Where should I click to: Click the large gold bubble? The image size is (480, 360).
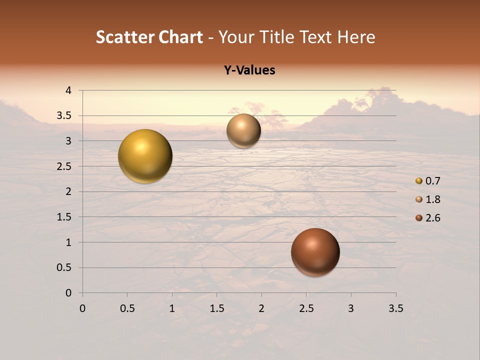point(145,156)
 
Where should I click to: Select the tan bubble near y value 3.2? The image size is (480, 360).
point(243,130)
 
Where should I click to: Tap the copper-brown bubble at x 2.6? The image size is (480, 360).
point(315,252)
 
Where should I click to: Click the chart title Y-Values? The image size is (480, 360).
point(249,70)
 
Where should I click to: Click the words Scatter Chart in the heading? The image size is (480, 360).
point(149,37)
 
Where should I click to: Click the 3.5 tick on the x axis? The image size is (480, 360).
point(395,308)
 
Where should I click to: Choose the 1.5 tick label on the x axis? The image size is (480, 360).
point(216,308)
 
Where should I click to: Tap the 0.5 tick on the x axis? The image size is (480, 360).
point(127,308)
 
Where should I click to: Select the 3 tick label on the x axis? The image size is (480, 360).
point(351,308)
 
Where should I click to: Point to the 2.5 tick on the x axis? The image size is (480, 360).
point(306,308)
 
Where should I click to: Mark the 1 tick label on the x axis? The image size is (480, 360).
point(172,308)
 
